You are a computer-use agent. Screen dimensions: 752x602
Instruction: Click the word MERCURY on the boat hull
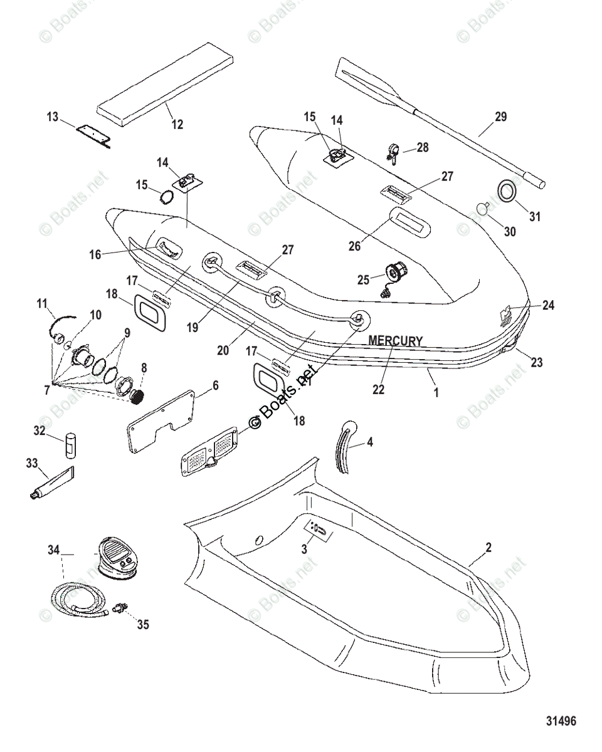point(395,341)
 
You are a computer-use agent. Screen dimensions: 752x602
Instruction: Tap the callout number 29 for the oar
point(500,117)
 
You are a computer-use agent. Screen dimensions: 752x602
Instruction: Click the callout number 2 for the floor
point(488,547)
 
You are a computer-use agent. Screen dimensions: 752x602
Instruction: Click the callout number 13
point(52,117)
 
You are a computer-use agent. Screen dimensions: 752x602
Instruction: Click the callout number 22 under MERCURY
point(378,389)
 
